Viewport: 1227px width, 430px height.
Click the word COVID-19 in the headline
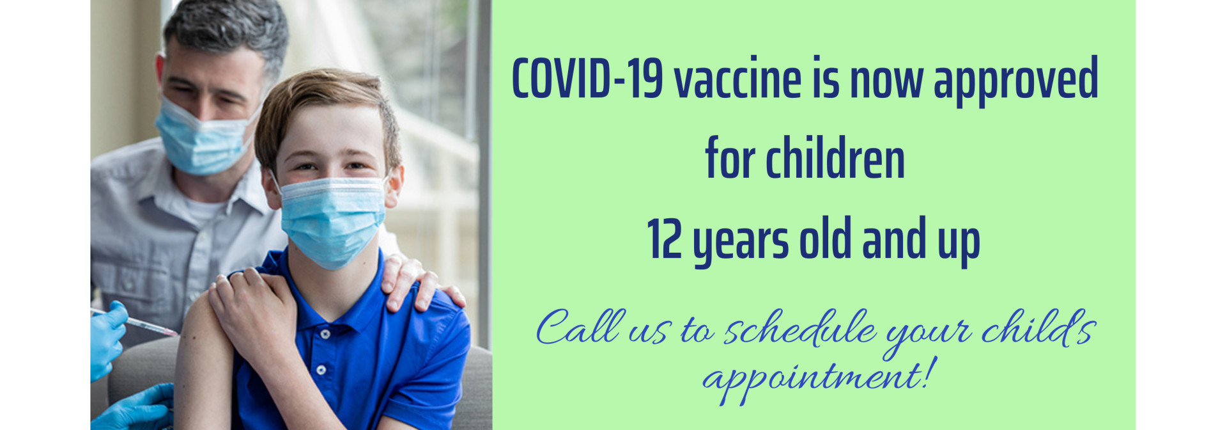click(587, 79)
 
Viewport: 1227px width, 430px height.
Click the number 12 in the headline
click(665, 238)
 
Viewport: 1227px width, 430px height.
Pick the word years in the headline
click(741, 243)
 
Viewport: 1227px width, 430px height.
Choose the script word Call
click(579, 327)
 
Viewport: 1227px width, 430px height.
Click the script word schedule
click(800, 328)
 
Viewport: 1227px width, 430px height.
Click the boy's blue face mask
click(332, 221)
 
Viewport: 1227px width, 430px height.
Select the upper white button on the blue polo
click(325, 334)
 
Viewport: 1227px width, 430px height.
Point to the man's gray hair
click(230, 29)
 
